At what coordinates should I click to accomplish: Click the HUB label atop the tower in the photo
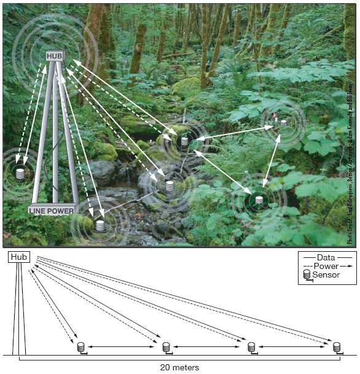coord(55,56)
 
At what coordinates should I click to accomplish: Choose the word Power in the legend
coord(326,267)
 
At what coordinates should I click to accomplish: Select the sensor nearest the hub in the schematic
coord(80,347)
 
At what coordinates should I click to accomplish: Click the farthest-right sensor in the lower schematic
coord(337,347)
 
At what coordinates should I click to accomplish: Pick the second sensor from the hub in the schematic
coord(166,347)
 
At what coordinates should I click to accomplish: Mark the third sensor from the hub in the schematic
coord(251,347)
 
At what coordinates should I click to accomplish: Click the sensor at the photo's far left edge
coord(20,174)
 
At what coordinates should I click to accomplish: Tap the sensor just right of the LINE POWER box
coord(100,225)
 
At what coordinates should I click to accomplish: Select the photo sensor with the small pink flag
coord(283,123)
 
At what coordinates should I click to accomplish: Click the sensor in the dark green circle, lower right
coord(259,200)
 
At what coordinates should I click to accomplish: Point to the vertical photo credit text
coord(351,172)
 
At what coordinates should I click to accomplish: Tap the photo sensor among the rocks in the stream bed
coord(170,184)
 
